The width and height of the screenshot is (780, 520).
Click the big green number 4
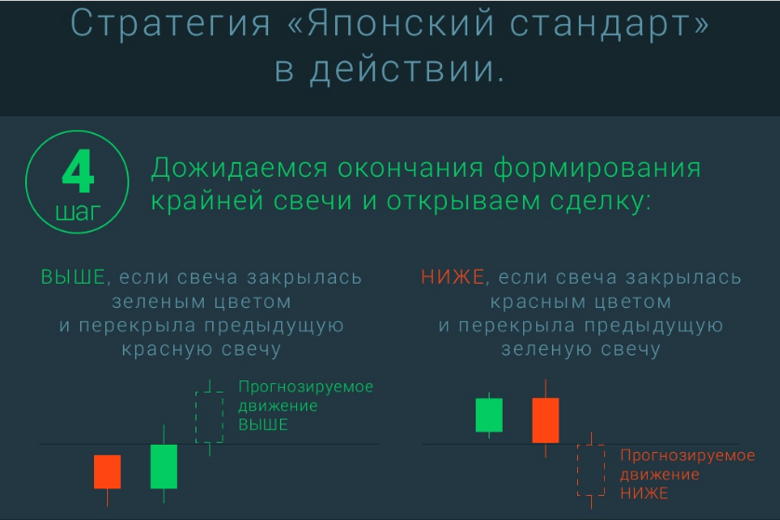78,171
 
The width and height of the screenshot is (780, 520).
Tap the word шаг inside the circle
78,212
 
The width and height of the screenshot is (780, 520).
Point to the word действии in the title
408,69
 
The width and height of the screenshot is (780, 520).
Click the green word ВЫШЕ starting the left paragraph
74,277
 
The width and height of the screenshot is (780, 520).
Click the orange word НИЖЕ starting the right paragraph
452,277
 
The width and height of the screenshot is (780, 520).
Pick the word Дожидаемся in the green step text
239,168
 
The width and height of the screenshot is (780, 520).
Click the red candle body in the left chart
107,472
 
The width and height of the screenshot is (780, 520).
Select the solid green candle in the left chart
164,466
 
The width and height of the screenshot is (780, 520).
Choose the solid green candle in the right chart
489,415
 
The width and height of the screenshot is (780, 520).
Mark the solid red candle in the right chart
545,420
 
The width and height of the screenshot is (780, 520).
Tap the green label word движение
278,407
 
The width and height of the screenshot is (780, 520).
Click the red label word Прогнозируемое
688,456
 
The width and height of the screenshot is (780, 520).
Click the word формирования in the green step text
598,168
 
